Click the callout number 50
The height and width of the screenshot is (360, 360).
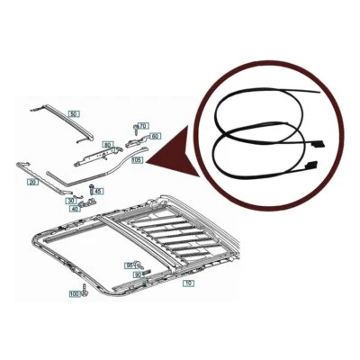pyautogui.click(x=74, y=114)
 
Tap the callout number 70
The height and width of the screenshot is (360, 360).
pyautogui.click(x=143, y=126)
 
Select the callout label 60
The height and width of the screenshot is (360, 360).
pyautogui.click(x=155, y=136)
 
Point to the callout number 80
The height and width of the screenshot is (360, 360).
pyautogui.click(x=107, y=143)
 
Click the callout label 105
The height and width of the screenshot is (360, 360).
pyautogui.click(x=136, y=160)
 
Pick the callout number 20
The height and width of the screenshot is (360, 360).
pyautogui.click(x=32, y=182)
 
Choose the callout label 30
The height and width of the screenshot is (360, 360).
pyautogui.click(x=70, y=201)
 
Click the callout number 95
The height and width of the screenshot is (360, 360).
pyautogui.click(x=129, y=265)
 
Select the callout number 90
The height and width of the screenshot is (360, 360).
pyautogui.click(x=138, y=274)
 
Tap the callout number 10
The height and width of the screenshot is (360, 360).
pyautogui.click(x=188, y=283)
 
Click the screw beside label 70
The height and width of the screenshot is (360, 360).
pyautogui.click(x=134, y=126)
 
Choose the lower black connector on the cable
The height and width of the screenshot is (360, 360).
pyautogui.click(x=312, y=165)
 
